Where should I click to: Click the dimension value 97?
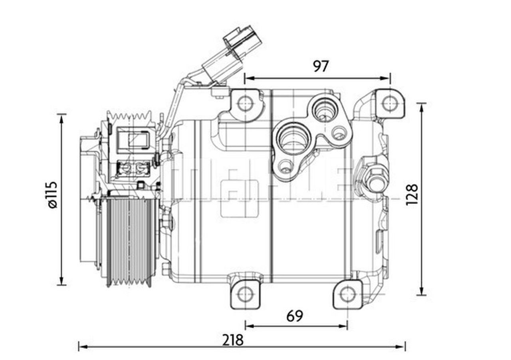coord(321,66)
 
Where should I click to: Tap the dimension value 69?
coord(295,316)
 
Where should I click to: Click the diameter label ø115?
coord(52,195)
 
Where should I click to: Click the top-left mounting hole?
coord(245,104)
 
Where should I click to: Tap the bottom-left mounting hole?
coord(245,294)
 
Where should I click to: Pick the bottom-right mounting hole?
coord(348,294)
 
